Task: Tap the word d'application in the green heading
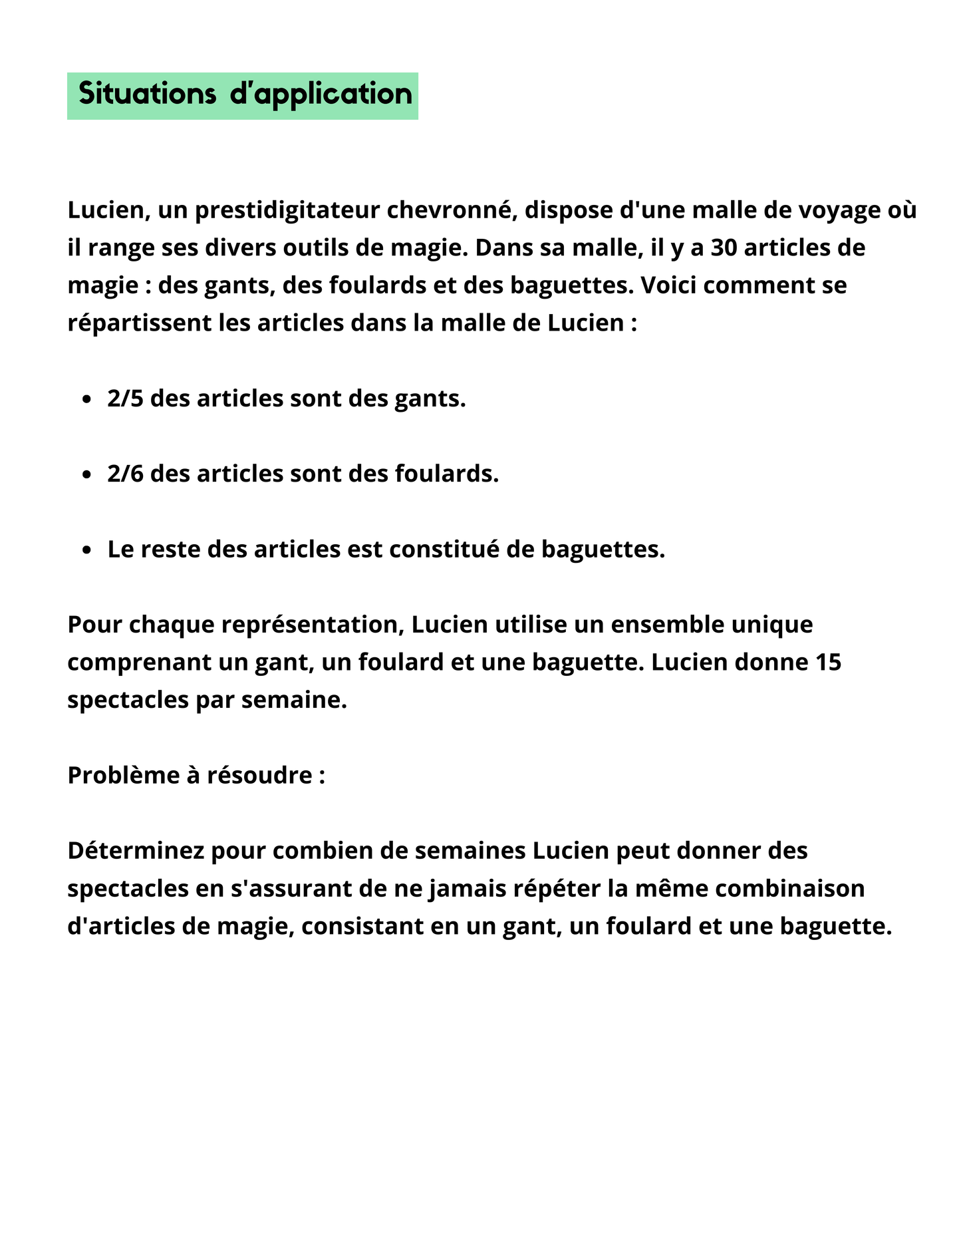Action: pyautogui.click(x=321, y=94)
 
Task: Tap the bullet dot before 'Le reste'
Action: pyautogui.click(x=86, y=550)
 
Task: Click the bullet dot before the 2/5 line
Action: pyautogui.click(x=86, y=400)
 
